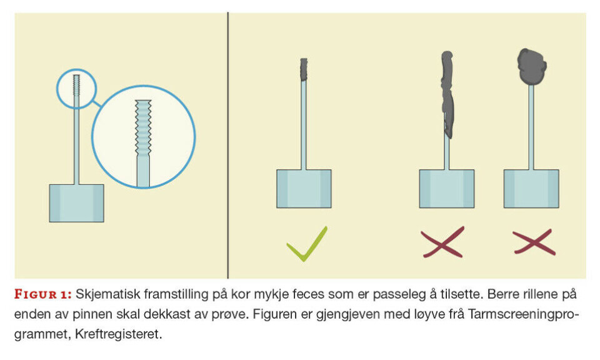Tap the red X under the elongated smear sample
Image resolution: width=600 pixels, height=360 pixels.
pyautogui.click(x=442, y=242)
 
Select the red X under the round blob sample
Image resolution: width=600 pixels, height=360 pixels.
pyautogui.click(x=534, y=242)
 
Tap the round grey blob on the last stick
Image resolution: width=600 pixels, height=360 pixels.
pyautogui.click(x=531, y=66)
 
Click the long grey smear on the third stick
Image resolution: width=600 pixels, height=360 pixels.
pyautogui.click(x=447, y=94)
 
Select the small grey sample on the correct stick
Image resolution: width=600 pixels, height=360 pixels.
pyautogui.click(x=304, y=69)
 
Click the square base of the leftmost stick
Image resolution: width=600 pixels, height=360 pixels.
pyautogui.click(x=76, y=203)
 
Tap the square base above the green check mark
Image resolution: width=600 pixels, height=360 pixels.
pyautogui.click(x=304, y=189)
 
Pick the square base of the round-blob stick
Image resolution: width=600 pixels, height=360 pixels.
pyautogui.click(x=531, y=189)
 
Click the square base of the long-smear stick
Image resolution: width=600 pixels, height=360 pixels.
pyautogui.click(x=446, y=189)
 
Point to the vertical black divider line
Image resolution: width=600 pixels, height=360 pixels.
pyautogui.click(x=228, y=146)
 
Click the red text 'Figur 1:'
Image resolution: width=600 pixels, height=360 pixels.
pyautogui.click(x=43, y=294)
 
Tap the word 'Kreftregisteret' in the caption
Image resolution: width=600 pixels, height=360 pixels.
pyautogui.click(x=118, y=334)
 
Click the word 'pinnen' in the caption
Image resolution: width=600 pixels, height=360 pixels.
pyautogui.click(x=91, y=314)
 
